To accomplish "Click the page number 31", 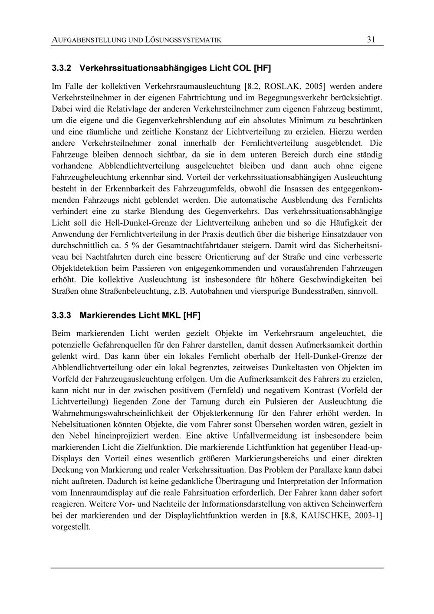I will [371, 39].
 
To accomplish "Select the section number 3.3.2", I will [62, 68].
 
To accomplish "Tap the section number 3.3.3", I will [62, 315].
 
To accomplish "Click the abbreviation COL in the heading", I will [241, 68].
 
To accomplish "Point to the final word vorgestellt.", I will [71, 527].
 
